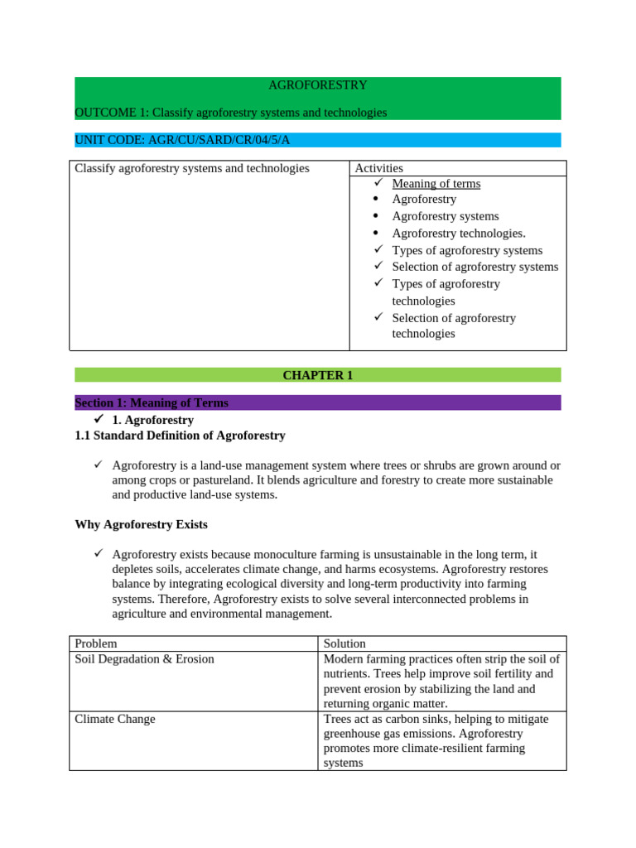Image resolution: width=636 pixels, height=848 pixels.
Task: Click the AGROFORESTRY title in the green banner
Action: click(317, 85)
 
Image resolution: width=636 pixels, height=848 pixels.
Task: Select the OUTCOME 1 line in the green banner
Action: click(231, 112)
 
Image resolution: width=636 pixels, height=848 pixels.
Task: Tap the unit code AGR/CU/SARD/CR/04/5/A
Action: click(182, 139)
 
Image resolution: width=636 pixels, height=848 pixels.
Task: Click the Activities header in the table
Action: click(378, 168)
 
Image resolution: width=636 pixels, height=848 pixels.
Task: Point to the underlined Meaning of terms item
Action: click(436, 184)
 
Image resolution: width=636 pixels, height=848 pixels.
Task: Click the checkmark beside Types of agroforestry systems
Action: click(378, 249)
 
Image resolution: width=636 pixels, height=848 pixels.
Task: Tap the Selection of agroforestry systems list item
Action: click(475, 267)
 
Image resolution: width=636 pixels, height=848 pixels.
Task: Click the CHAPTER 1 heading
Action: click(317, 375)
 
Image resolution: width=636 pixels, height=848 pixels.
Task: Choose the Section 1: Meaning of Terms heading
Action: click(152, 402)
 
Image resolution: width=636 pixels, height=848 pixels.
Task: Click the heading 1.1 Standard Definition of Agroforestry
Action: click(180, 435)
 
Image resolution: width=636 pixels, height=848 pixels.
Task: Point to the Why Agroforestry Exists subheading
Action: click(141, 524)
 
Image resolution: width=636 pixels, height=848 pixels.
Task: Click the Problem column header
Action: click(96, 643)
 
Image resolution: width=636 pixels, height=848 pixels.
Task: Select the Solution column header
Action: click(344, 643)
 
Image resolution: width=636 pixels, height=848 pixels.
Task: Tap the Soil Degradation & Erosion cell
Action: click(144, 659)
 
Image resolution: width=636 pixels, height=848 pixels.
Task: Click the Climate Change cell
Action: click(115, 719)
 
